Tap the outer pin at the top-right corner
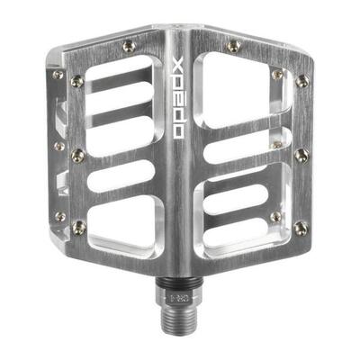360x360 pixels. (301, 81)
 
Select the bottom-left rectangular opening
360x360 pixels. (126, 216)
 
